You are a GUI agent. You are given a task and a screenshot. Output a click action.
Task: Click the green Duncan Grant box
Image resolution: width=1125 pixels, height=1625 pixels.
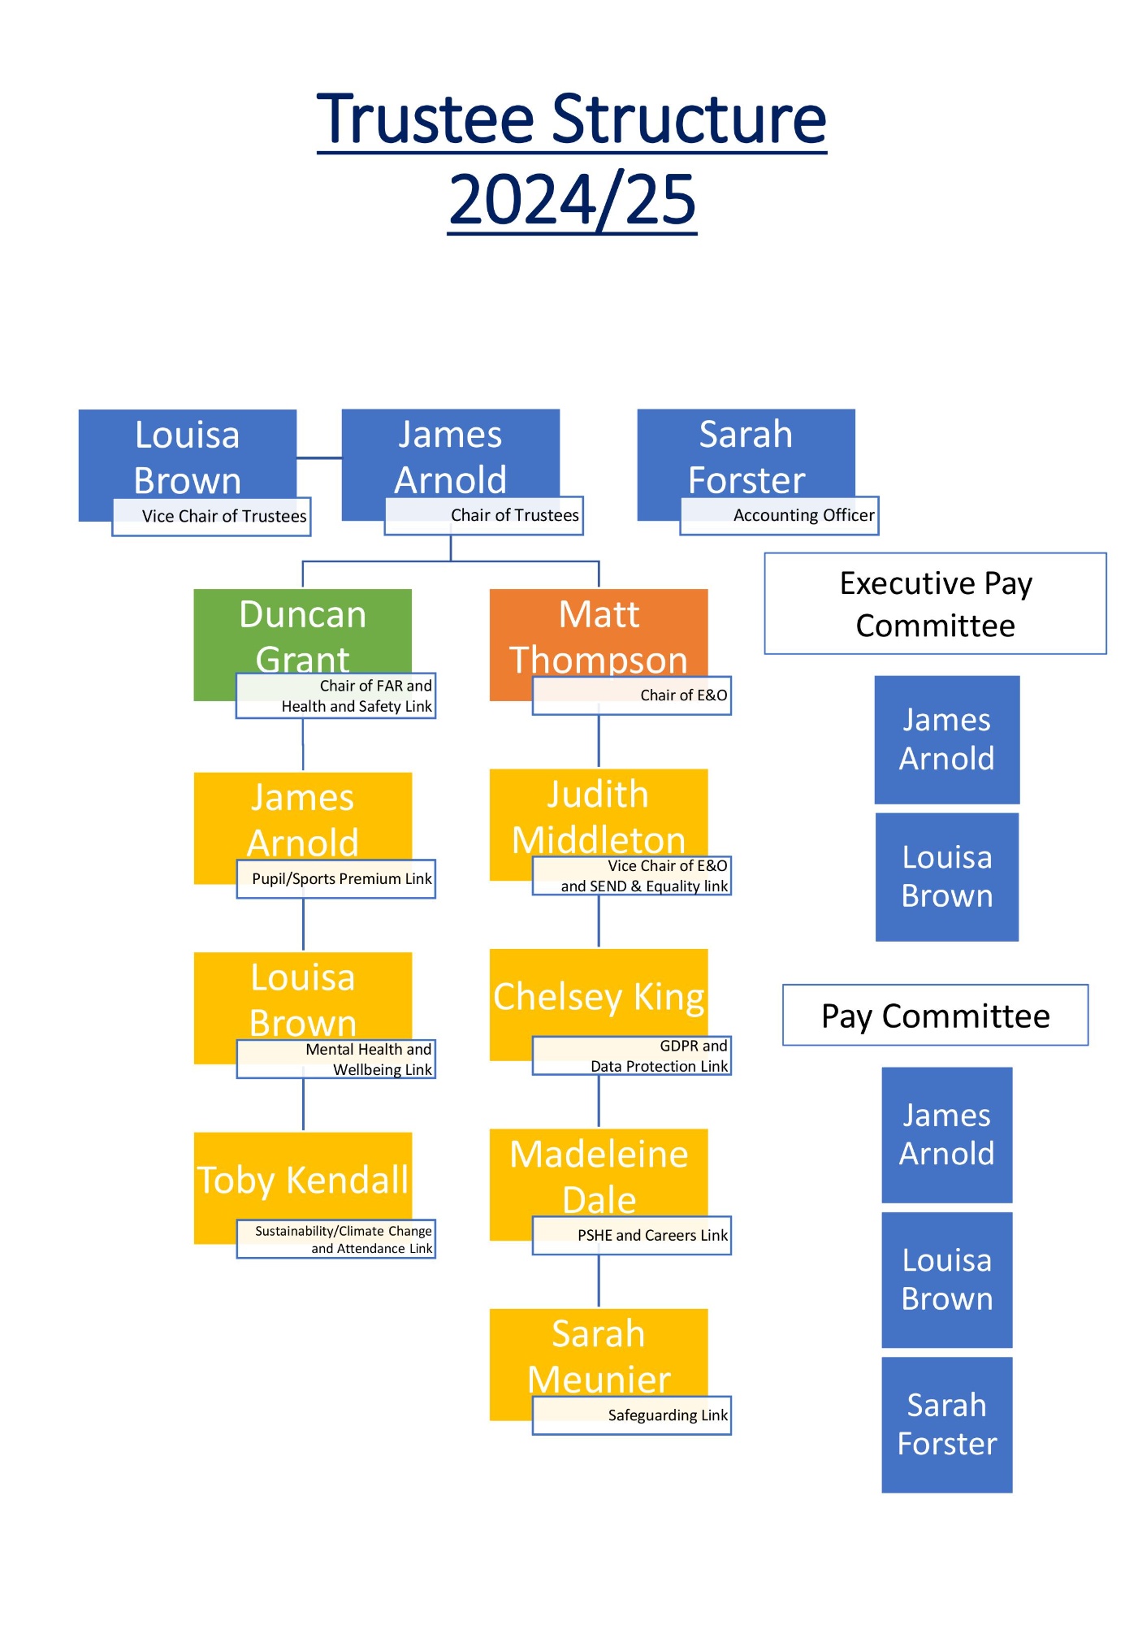tap(302, 634)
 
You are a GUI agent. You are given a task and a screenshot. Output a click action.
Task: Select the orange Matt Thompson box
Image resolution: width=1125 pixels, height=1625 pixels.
tap(599, 634)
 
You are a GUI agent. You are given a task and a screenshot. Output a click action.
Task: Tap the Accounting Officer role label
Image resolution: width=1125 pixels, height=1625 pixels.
tap(780, 516)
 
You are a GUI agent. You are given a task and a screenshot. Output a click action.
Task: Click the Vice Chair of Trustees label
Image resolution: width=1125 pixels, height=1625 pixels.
tap(211, 517)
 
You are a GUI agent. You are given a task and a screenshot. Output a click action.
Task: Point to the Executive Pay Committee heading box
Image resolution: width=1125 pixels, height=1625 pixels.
tap(935, 604)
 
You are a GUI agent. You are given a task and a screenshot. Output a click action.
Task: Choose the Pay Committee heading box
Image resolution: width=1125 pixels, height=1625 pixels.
tap(935, 1016)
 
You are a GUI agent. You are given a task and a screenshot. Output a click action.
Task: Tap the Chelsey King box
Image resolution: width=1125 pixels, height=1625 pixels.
tap(599, 995)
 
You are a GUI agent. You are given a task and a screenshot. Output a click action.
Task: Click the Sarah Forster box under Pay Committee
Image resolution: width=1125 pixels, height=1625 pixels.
tap(947, 1425)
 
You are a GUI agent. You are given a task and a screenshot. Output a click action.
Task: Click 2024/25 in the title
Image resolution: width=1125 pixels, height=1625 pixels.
tap(572, 200)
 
